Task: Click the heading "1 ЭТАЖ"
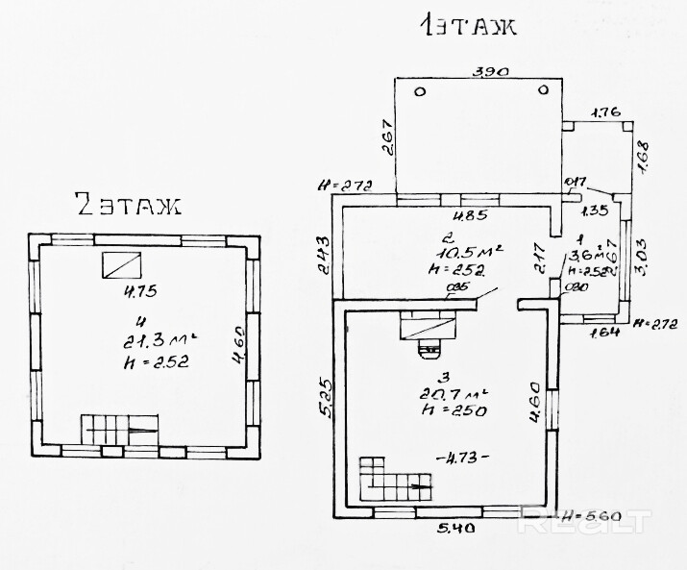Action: tap(467, 25)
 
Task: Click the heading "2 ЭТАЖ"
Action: tap(127, 204)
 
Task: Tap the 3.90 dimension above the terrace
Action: tap(490, 71)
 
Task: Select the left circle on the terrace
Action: tap(421, 91)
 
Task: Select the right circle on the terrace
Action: tap(544, 90)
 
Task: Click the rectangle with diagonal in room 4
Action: tap(121, 263)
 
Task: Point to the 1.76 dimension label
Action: tap(604, 113)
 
